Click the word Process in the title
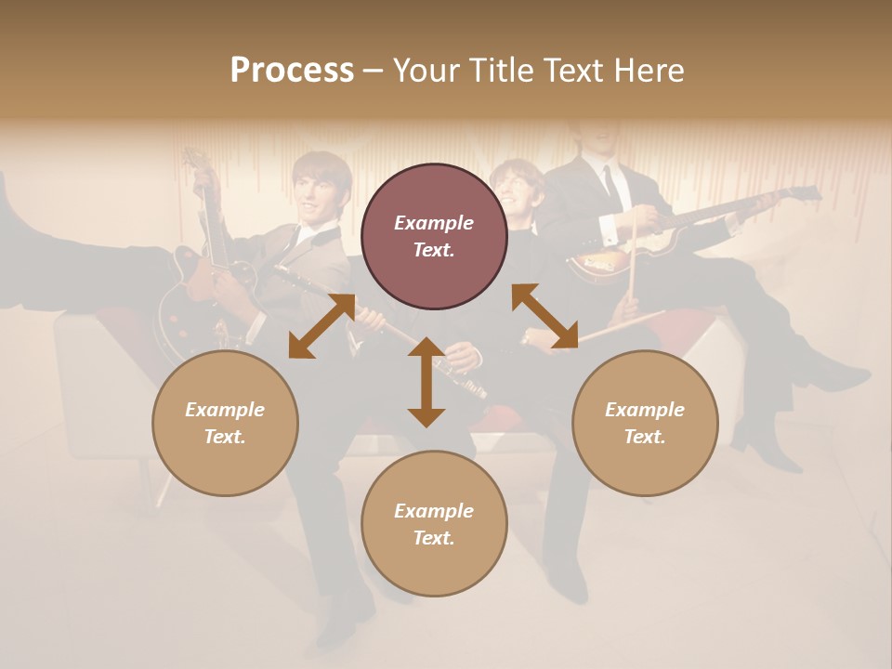point(292,71)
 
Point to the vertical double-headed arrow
point(426,382)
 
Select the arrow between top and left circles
point(321,325)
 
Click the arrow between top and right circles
point(544,316)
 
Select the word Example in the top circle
point(434,223)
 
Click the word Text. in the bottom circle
point(434,538)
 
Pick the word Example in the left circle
point(225,410)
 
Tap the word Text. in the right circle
point(645,437)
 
